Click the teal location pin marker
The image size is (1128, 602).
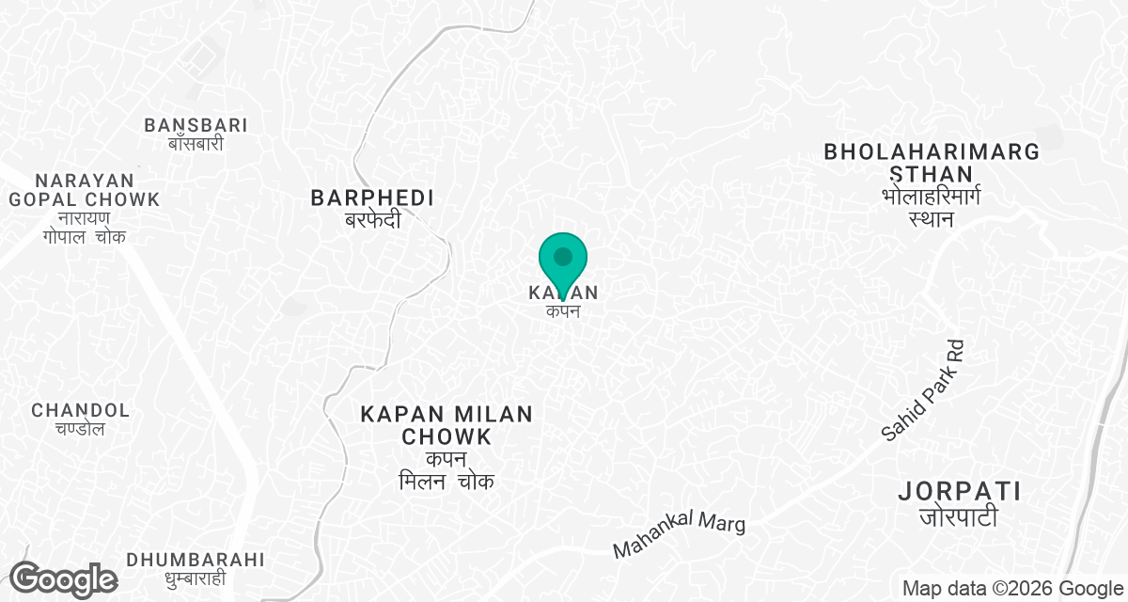tap(563, 259)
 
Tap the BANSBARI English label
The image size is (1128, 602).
tap(196, 125)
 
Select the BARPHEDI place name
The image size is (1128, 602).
tap(373, 198)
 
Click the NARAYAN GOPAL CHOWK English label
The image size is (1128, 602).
tap(84, 189)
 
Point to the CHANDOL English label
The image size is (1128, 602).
tap(80, 410)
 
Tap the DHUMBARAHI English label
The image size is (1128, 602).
tap(196, 560)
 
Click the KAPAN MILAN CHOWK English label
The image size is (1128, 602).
tap(446, 425)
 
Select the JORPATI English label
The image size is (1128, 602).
tap(959, 491)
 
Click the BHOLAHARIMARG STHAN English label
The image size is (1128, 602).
tap(932, 163)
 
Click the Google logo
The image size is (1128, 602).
tap(63, 579)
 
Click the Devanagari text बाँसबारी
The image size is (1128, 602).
tap(196, 145)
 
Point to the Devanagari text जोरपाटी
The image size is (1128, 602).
tap(959, 516)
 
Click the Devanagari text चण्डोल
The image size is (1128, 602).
tap(80, 430)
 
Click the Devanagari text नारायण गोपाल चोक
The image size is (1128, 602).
tap(84, 228)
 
